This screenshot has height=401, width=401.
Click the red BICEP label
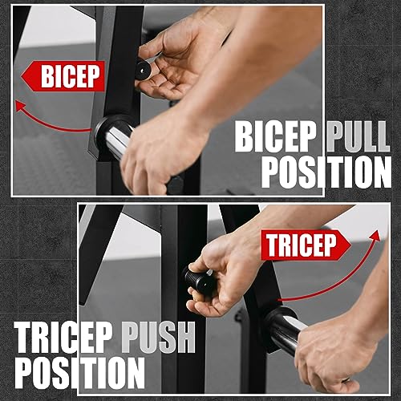(65, 77)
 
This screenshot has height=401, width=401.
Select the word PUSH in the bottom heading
(157, 337)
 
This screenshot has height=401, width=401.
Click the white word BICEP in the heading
(277, 137)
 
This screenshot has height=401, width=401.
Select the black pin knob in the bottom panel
(199, 281)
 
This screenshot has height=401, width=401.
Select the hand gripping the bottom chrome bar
(337, 345)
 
